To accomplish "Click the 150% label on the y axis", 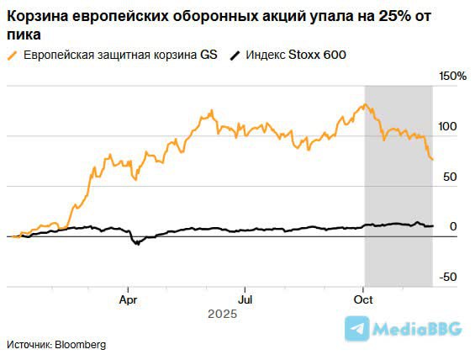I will click(452, 77).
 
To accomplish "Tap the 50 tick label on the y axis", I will click(450, 177).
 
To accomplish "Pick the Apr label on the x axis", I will click(128, 299).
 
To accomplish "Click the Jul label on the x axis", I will click(245, 299).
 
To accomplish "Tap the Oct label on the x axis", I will click(363, 299).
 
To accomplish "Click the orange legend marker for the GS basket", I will click(12, 55).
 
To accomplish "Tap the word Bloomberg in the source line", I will click(83, 345).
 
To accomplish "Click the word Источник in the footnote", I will click(29, 345).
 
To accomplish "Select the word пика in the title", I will click(22, 34).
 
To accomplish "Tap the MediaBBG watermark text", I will click(417, 330).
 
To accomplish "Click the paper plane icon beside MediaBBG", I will click(359, 329).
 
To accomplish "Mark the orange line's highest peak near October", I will click(363, 105).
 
